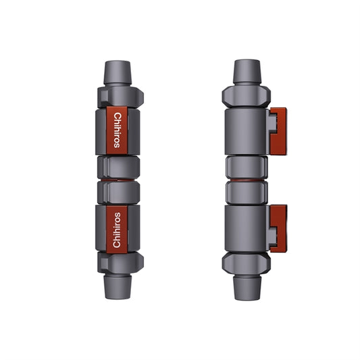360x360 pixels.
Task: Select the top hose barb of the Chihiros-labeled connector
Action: (118, 72)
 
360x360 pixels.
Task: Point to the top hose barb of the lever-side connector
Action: (246, 72)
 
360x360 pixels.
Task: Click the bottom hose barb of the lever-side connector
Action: (246, 286)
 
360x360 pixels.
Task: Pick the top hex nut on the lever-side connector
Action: (246, 95)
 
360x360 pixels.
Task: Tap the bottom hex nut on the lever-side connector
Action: (246, 263)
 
